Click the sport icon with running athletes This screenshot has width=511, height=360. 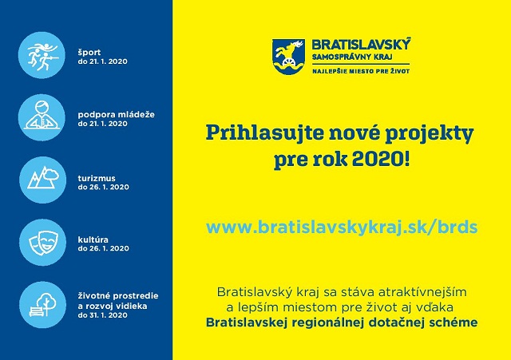(x=42, y=55)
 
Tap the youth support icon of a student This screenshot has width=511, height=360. (x=42, y=117)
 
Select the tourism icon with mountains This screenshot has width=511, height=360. (x=42, y=180)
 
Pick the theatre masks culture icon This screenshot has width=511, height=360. (x=42, y=243)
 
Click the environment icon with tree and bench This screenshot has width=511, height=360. (x=42, y=305)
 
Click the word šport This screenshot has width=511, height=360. (x=89, y=53)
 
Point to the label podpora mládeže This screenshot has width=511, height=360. (x=117, y=115)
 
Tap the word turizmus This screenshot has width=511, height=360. (x=97, y=178)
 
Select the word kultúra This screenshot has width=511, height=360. (x=93, y=239)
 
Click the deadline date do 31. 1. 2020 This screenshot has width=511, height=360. (x=103, y=315)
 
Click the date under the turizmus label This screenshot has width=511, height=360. (x=103, y=187)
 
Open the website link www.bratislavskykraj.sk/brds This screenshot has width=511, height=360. (x=342, y=227)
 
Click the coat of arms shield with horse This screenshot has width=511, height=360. (x=288, y=57)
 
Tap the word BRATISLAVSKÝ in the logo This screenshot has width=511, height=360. (x=361, y=45)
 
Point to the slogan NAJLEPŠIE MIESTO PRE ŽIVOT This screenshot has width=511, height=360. (x=361, y=71)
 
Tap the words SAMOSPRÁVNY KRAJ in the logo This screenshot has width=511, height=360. (x=352, y=57)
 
